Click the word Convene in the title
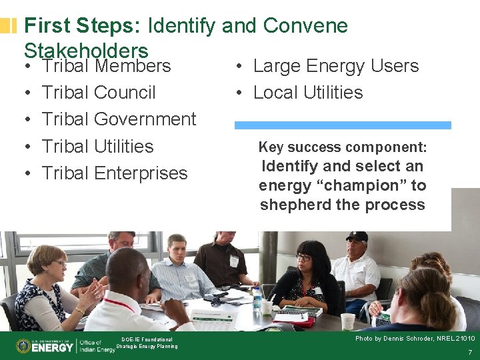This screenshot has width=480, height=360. click(x=305, y=26)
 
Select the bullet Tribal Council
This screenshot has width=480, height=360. click(x=99, y=93)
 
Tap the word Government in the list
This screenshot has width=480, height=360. click(x=145, y=119)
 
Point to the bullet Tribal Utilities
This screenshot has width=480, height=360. click(x=97, y=146)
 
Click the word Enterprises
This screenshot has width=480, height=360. click(x=141, y=173)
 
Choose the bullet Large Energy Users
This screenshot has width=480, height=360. click(x=336, y=66)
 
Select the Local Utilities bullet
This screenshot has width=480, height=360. click(x=308, y=93)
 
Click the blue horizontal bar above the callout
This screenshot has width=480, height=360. click(x=343, y=125)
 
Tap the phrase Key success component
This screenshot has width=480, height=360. click(x=343, y=147)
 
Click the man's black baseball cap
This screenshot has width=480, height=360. click(x=357, y=237)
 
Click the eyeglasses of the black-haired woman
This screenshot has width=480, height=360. click(x=304, y=258)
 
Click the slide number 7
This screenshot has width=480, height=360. click(x=470, y=352)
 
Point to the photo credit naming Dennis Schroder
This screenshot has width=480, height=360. click(x=414, y=339)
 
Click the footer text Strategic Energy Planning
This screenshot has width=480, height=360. click(x=147, y=346)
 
